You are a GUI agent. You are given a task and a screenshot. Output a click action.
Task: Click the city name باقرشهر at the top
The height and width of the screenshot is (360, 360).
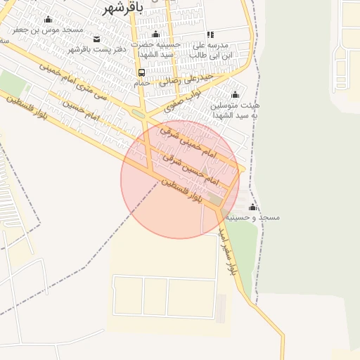click(123, 8)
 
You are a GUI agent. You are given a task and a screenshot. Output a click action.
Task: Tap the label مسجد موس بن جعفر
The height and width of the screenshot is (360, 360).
click(47, 31)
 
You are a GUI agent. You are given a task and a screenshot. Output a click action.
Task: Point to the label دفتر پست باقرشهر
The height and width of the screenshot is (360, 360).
click(92, 49)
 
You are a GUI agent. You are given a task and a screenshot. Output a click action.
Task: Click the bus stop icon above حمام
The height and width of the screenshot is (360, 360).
click(142, 72)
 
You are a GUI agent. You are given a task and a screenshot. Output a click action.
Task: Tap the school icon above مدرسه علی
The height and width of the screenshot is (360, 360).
click(210, 34)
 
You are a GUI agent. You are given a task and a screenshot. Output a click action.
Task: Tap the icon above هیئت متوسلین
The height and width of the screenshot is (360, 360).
click(236, 94)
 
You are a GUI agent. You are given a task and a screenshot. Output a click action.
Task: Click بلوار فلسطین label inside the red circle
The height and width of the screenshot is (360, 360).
click(184, 192)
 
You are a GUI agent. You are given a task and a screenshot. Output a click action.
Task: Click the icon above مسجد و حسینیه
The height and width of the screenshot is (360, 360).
click(252, 207)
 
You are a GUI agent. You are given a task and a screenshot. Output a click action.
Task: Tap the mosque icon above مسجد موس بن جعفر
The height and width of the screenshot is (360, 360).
click(47, 20)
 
